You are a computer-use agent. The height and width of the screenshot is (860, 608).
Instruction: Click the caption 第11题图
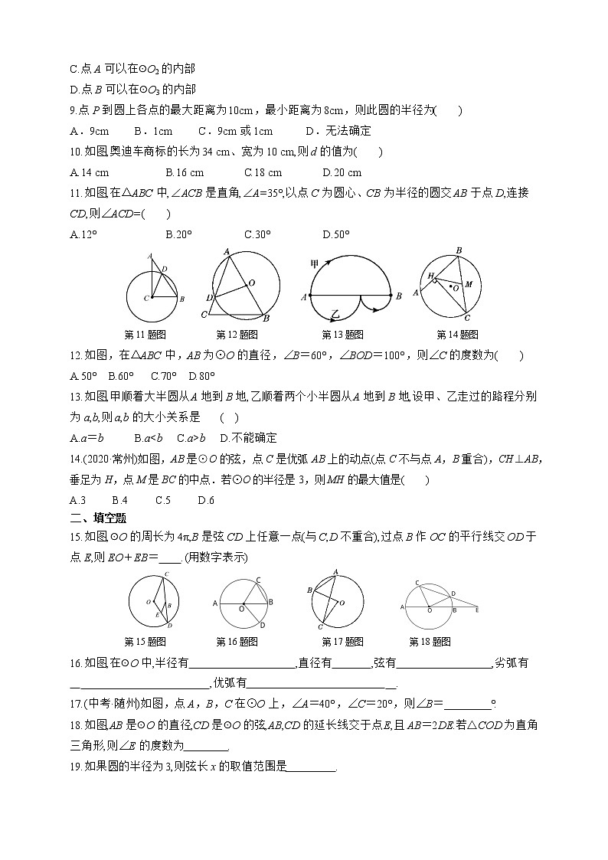(145, 334)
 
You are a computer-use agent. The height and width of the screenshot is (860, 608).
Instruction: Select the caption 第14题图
(457, 334)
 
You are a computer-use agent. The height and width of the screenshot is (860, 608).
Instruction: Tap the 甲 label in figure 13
(314, 264)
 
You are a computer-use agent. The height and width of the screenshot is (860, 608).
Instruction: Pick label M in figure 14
(469, 284)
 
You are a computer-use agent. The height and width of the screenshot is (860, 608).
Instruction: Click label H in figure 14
(430, 275)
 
